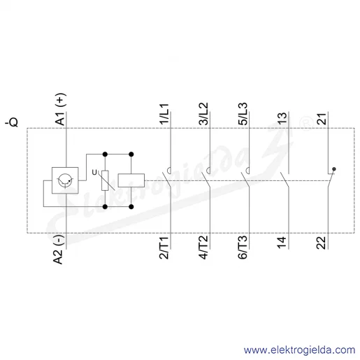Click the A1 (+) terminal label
(60, 109)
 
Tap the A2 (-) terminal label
(58, 250)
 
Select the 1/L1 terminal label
(164, 113)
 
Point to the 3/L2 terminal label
(203, 113)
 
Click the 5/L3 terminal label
(243, 113)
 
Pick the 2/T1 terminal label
(164, 247)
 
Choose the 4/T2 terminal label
(203, 247)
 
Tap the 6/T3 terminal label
(242, 247)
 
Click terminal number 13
(282, 118)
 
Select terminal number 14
(282, 242)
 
